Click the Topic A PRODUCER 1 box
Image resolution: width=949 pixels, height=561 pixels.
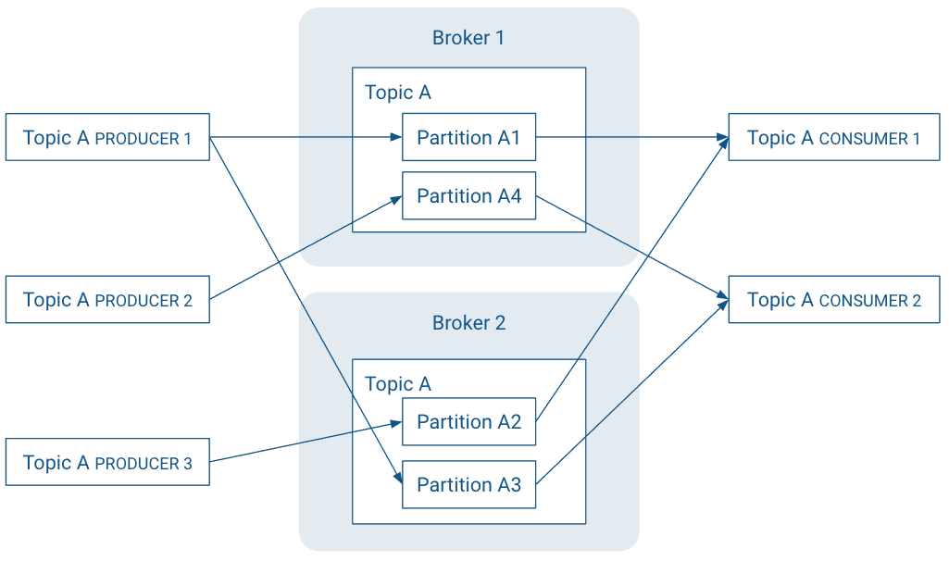click(x=107, y=137)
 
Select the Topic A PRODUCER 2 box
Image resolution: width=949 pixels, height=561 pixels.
click(x=107, y=299)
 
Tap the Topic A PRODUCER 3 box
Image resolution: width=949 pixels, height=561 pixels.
click(x=107, y=462)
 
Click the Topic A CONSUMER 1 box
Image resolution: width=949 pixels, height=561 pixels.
click(x=833, y=137)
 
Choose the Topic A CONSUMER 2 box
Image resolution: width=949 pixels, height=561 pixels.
click(x=833, y=299)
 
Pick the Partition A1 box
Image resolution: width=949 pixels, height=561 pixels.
click(x=468, y=137)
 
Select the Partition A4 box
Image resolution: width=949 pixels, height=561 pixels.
click(x=468, y=195)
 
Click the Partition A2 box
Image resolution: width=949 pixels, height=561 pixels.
click(x=468, y=421)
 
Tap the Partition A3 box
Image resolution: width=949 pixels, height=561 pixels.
click(x=468, y=484)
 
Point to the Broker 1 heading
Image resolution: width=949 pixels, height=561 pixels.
click(x=468, y=38)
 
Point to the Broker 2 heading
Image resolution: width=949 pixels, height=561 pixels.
click(x=468, y=323)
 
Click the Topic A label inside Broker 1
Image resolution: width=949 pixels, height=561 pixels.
click(x=398, y=93)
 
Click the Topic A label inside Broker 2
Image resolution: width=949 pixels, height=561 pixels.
click(x=398, y=384)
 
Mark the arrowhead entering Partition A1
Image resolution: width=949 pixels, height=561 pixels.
click(x=395, y=137)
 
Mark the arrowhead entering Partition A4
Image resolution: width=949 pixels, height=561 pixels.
click(x=395, y=198)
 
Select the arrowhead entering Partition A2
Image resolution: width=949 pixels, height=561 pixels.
click(x=395, y=423)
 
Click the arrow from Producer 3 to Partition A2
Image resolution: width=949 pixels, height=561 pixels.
click(x=306, y=442)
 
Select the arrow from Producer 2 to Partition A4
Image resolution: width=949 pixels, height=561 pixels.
click(x=306, y=248)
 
